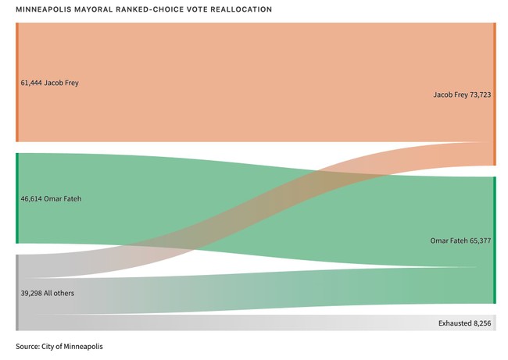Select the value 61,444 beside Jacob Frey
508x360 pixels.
point(31,83)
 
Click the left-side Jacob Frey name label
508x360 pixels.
point(62,83)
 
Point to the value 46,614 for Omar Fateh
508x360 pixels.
point(31,199)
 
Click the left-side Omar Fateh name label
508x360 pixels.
point(63,199)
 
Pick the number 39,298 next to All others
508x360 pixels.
point(31,293)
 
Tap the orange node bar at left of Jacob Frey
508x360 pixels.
point(16,83)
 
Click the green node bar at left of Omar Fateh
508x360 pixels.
point(16,199)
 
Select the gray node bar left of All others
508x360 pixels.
point(16,293)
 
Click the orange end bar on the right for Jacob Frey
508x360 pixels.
point(494,94)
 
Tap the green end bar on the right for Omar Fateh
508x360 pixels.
point(494,240)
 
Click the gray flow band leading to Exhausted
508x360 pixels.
point(234,323)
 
